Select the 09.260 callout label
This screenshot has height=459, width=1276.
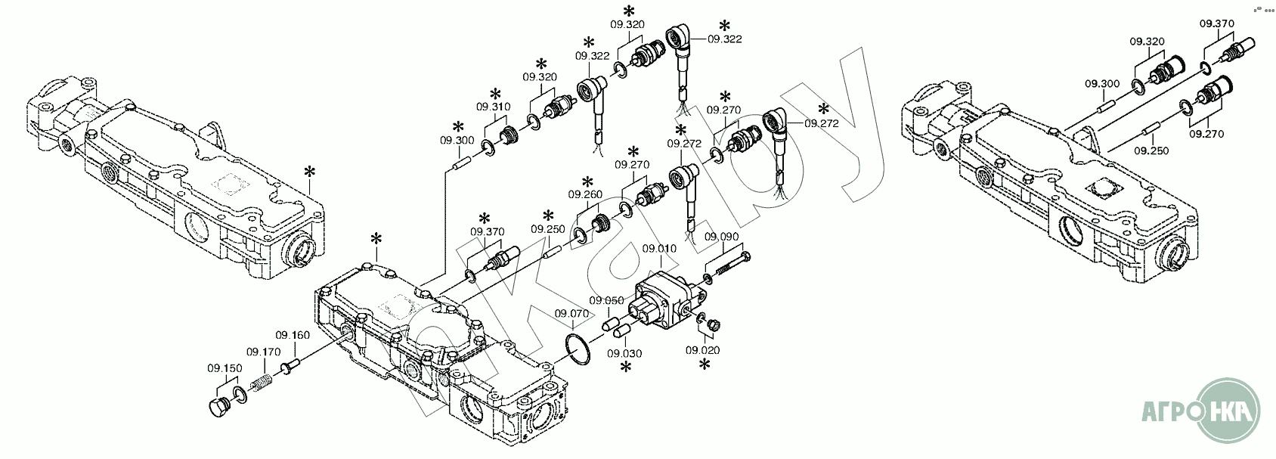pyautogui.click(x=589, y=194)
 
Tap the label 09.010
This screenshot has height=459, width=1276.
pyautogui.click(x=657, y=247)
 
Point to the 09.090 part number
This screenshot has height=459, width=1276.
pyautogui.click(x=721, y=237)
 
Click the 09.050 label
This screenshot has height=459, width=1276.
pyautogui.click(x=607, y=300)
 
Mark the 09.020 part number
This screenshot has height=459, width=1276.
pyautogui.click(x=703, y=350)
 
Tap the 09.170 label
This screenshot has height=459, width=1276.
pyautogui.click(x=263, y=352)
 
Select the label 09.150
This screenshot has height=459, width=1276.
pyautogui.click(x=225, y=368)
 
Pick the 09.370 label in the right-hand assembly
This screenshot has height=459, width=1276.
pyautogui.click(x=1216, y=23)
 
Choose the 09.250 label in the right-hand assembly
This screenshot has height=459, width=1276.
pyautogui.click(x=1151, y=150)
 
